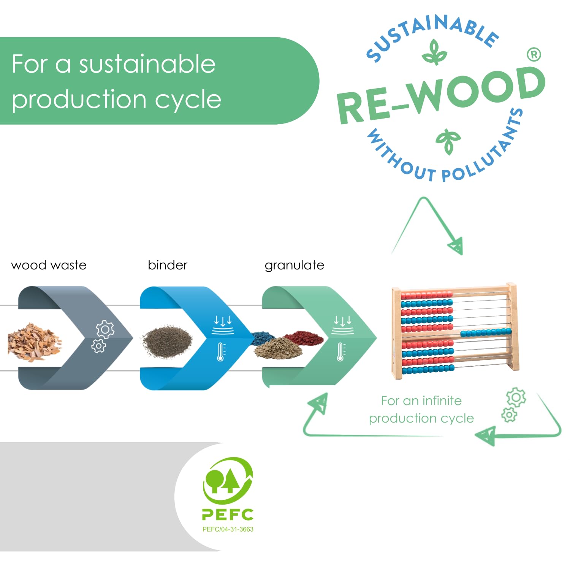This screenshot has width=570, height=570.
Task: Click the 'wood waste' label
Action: (49, 265)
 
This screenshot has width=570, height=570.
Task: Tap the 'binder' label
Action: (168, 265)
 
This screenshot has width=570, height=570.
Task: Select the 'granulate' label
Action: (294, 266)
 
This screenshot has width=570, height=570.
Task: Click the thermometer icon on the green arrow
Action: (341, 351)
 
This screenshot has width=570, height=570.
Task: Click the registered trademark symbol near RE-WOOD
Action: (534, 55)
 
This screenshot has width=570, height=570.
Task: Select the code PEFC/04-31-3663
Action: (228, 529)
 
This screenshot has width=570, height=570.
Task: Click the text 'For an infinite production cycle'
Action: (421, 409)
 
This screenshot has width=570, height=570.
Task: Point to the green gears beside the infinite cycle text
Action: (513, 405)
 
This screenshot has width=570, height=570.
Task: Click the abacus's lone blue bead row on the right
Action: (486, 332)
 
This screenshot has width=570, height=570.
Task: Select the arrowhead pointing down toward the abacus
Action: (456, 246)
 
